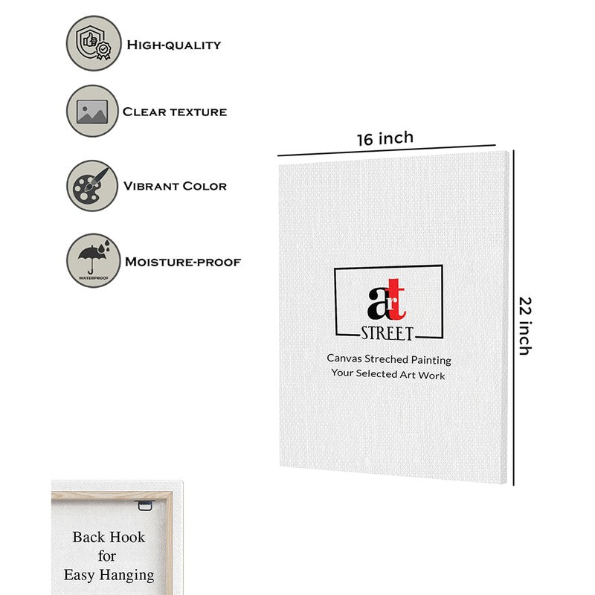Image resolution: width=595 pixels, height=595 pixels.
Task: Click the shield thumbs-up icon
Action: click(x=94, y=43)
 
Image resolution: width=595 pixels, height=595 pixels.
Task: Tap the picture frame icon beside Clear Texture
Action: click(x=92, y=111)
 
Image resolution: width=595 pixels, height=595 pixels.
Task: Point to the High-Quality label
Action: click(x=174, y=45)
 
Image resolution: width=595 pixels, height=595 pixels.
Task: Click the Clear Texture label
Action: click(x=175, y=112)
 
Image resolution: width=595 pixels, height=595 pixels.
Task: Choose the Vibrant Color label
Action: click(x=175, y=186)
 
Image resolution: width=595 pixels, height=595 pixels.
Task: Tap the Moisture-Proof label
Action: click(x=183, y=262)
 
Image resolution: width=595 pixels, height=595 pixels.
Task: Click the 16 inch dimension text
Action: click(x=385, y=138)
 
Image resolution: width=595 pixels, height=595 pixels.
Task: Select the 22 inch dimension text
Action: click(x=525, y=326)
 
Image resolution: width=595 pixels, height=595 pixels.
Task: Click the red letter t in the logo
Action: click(x=396, y=300)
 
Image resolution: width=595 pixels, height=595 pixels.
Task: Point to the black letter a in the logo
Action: click(x=377, y=303)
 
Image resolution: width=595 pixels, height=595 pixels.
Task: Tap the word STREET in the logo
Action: click(x=387, y=333)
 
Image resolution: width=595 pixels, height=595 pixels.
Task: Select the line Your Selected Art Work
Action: click(x=387, y=374)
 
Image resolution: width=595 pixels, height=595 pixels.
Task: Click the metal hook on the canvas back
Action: click(x=144, y=505)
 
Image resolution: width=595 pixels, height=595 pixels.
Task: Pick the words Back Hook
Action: click(x=109, y=537)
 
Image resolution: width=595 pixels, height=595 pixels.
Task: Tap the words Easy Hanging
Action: click(x=109, y=575)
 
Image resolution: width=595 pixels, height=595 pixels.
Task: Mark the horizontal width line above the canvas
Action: click(x=387, y=150)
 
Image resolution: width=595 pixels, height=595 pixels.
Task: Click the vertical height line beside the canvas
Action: click(x=513, y=318)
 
